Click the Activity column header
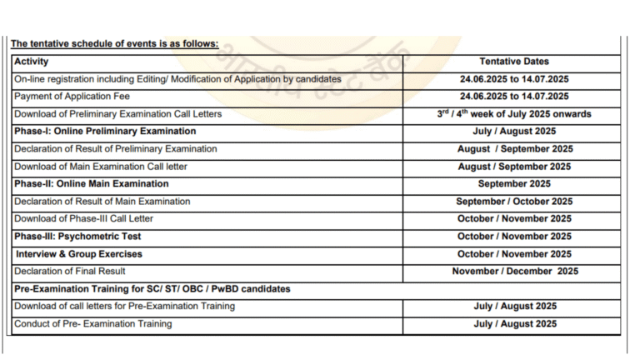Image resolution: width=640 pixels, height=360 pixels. click(x=32, y=62)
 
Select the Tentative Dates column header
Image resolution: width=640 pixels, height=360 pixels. click(x=514, y=62)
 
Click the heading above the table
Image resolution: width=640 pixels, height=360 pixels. click(x=114, y=44)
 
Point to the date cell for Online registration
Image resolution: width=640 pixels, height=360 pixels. click(x=514, y=79)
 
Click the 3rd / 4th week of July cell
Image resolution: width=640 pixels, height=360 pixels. click(x=514, y=114)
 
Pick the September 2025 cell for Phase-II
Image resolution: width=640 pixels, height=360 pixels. click(x=514, y=184)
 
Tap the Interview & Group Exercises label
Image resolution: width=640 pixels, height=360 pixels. click(x=79, y=254)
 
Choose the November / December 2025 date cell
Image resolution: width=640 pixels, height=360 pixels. click(x=514, y=272)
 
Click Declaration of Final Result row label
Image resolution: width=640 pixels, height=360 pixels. click(x=70, y=272)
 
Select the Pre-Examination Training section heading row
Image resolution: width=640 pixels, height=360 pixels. click(x=152, y=289)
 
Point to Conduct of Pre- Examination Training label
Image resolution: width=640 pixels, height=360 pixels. click(x=93, y=324)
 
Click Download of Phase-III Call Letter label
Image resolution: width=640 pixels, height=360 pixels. click(x=83, y=219)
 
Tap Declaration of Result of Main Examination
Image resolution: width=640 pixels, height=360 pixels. click(x=102, y=202)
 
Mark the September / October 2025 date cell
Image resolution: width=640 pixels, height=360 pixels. click(x=514, y=202)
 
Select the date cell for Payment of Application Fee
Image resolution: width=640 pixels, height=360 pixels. click(x=514, y=97)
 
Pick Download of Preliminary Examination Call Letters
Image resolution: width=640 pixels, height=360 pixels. click(x=117, y=114)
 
